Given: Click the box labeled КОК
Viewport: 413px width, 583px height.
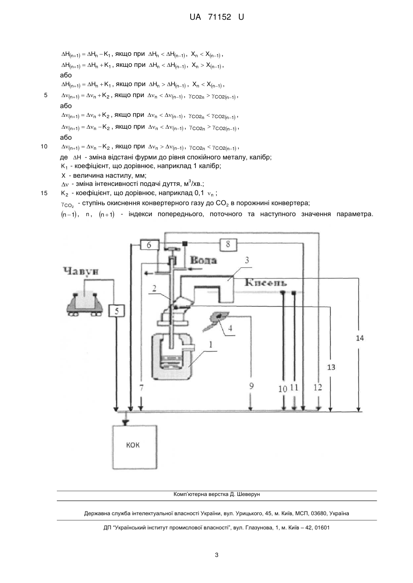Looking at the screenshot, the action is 134,447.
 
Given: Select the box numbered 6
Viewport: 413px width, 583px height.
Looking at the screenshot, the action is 149,245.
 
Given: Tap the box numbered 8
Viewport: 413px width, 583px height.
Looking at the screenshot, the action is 228,245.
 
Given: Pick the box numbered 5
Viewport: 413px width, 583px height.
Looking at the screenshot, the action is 116,311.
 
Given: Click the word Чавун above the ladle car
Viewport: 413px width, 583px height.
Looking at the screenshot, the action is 81,272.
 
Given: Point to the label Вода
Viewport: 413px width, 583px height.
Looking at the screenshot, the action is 203,260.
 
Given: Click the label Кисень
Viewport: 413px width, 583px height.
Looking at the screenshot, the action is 265,283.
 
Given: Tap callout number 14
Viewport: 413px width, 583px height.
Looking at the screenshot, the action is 360,338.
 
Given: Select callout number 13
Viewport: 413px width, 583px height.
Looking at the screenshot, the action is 331,367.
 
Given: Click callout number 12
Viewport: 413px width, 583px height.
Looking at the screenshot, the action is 318,387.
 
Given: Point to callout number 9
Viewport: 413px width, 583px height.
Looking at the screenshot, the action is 251,386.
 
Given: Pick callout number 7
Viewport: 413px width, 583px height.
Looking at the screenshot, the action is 142,388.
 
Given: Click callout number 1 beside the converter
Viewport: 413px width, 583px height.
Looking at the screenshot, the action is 211,344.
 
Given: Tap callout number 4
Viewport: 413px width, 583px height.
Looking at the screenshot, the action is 230,328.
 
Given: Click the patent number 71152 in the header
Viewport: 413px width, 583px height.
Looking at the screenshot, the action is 220,17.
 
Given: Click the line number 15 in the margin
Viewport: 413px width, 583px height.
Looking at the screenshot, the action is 44,193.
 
